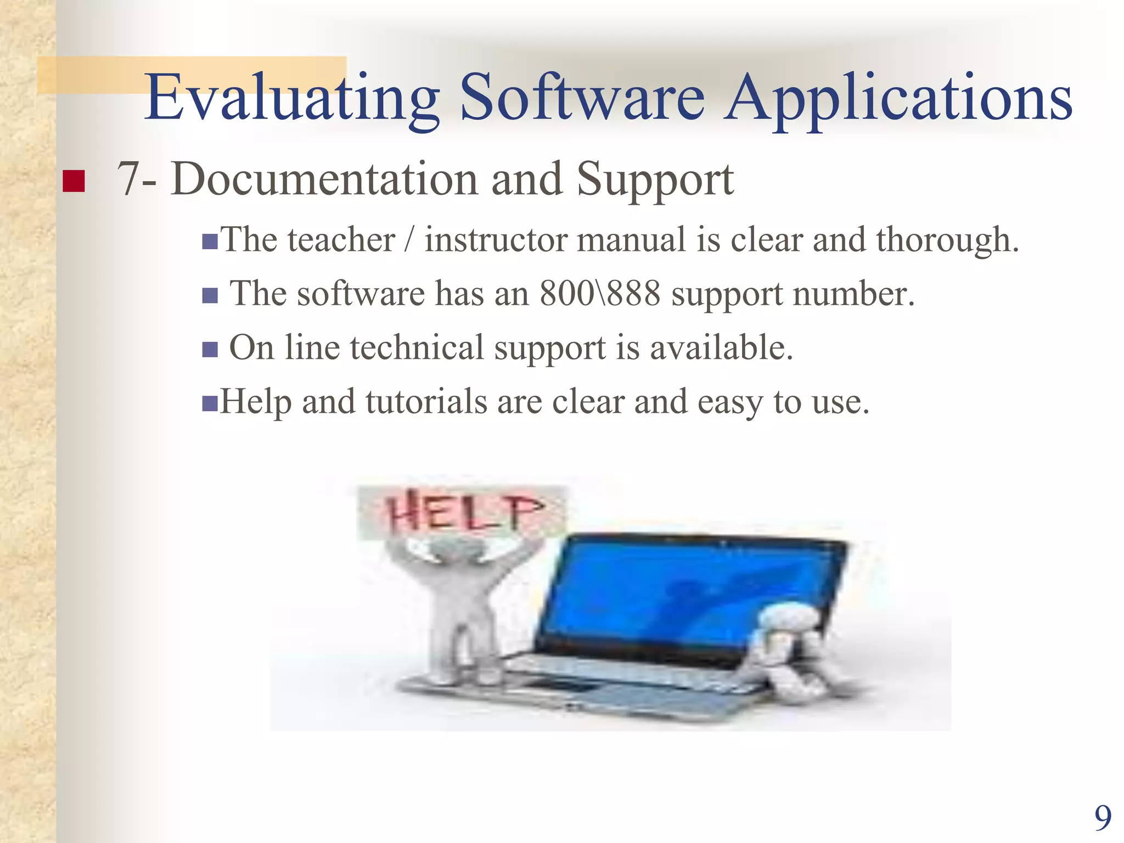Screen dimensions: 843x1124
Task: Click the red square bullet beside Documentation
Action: click(74, 181)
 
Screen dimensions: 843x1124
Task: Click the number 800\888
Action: click(600, 294)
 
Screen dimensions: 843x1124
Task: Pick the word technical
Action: click(417, 348)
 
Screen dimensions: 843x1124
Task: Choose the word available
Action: click(721, 348)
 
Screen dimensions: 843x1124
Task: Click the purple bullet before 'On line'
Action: click(210, 350)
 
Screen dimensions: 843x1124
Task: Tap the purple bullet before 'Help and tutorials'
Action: click(210, 403)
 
